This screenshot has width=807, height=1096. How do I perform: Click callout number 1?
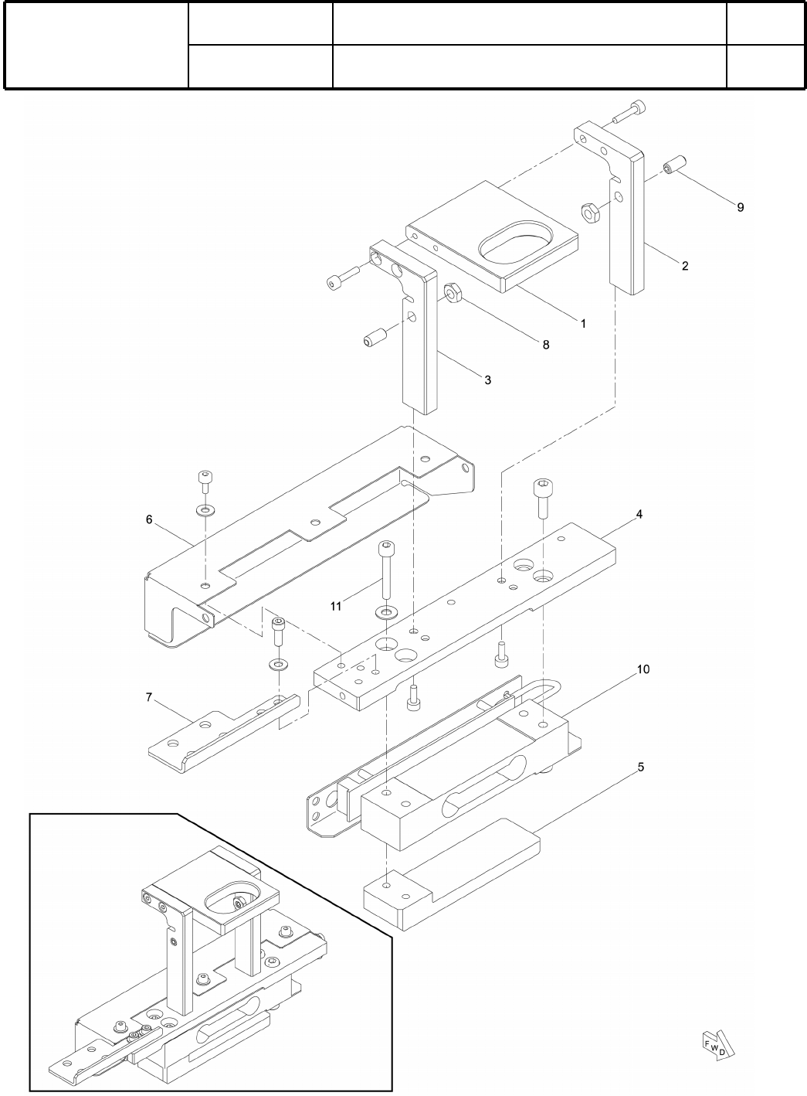[x=583, y=323]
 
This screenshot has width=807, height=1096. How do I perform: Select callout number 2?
[x=685, y=266]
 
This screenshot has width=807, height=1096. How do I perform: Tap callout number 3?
[x=487, y=380]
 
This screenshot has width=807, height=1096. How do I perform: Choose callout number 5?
[x=640, y=768]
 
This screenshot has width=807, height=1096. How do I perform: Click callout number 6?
[x=149, y=519]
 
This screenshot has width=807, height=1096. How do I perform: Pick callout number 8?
[x=545, y=345]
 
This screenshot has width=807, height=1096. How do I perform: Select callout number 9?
[x=740, y=207]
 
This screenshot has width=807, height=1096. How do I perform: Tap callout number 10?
[x=643, y=669]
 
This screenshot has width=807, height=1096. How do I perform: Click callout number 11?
[x=336, y=607]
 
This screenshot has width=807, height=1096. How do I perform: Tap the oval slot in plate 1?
[x=517, y=244]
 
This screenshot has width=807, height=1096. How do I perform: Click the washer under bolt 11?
[x=384, y=613]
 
